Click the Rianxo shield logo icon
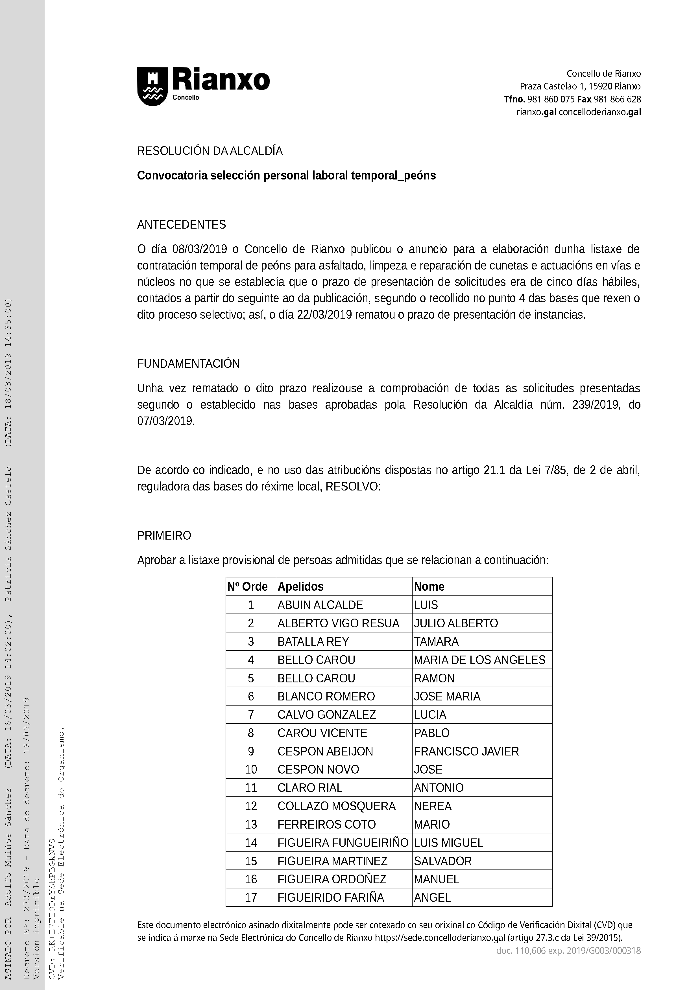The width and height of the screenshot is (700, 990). point(152,86)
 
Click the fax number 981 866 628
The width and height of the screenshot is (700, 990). point(617,99)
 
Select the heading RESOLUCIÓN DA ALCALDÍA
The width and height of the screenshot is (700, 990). point(210,151)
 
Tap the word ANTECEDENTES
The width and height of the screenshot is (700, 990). point(181,225)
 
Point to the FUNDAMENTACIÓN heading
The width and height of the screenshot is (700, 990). point(188,364)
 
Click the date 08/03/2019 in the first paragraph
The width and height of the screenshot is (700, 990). point(199,249)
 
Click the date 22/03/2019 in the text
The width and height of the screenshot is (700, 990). point(324,315)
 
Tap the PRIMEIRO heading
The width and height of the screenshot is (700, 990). point(164,536)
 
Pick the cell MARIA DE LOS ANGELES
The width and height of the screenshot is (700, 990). point(479,660)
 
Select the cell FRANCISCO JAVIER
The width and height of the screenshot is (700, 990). point(466,752)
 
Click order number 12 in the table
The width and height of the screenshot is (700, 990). point(250,806)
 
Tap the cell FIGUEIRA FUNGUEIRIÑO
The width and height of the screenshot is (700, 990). point(343,843)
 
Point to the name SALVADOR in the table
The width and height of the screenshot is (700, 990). point(442,861)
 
